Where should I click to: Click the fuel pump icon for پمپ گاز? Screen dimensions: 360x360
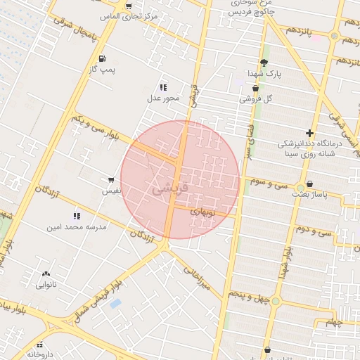click(x=103, y=58)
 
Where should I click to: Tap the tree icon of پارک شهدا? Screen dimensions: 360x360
click(x=264, y=63)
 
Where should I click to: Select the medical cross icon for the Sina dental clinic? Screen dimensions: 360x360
click(x=309, y=133)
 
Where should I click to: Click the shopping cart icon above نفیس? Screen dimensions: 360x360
click(x=111, y=180)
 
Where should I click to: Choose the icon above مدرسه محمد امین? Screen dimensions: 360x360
click(x=76, y=216)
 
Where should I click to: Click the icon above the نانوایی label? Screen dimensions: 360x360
click(x=46, y=274)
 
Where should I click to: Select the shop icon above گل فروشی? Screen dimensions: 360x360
click(x=255, y=89)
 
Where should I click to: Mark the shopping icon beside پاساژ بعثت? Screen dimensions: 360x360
click(x=309, y=184)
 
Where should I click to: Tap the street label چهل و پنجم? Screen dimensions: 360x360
click(x=250, y=296)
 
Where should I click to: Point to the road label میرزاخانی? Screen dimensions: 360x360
click(x=198, y=277)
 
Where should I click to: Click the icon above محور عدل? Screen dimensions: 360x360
click(x=163, y=87)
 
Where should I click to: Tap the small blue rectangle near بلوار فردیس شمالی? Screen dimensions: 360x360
click(x=115, y=303)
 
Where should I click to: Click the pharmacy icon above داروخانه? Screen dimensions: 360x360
click(x=40, y=345)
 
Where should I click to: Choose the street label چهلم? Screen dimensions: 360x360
click(x=336, y=323)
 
